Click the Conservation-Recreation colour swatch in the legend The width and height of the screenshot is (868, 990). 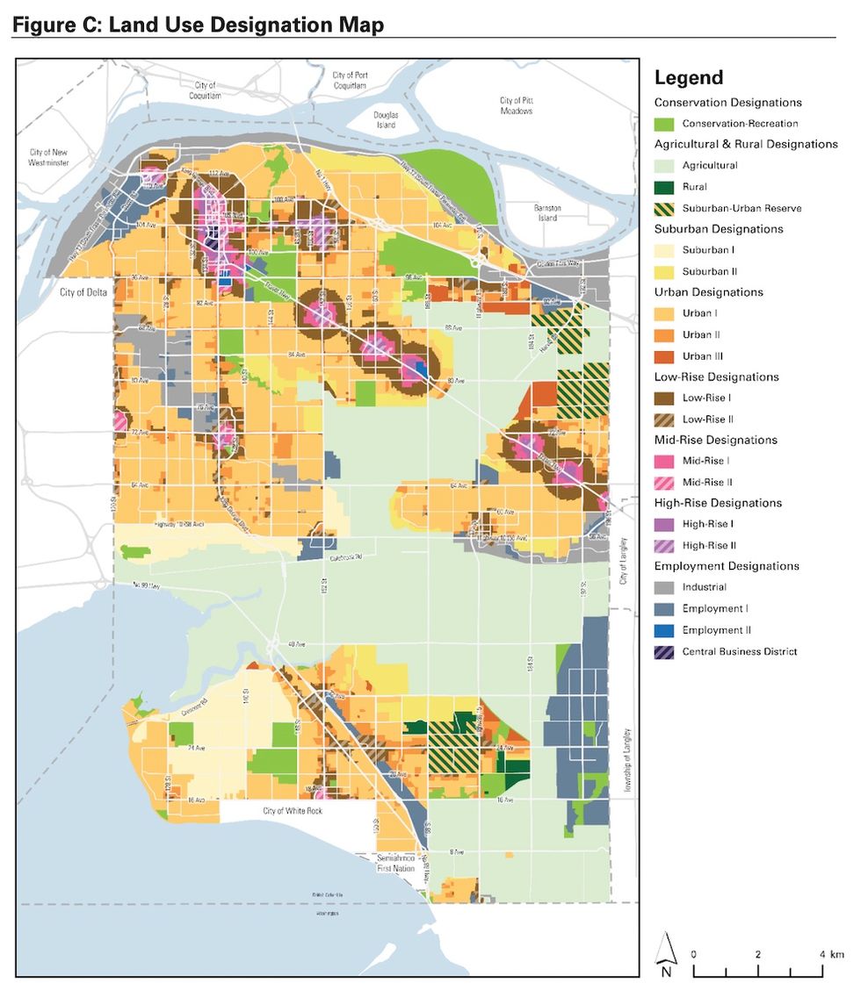[665, 124]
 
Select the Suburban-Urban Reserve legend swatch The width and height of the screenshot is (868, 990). [665, 208]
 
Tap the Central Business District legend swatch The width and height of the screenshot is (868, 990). [665, 651]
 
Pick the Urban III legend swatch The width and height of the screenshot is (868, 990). [665, 355]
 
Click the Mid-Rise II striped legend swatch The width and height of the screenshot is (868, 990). [665, 482]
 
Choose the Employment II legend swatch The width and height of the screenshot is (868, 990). [665, 630]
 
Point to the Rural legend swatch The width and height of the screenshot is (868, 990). [665, 187]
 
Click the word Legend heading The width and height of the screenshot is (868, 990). [689, 78]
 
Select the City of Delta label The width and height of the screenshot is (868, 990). [83, 292]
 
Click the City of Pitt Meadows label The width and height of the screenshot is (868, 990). [517, 106]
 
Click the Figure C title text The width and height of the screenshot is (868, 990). [198, 25]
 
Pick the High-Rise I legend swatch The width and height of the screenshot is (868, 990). [665, 524]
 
